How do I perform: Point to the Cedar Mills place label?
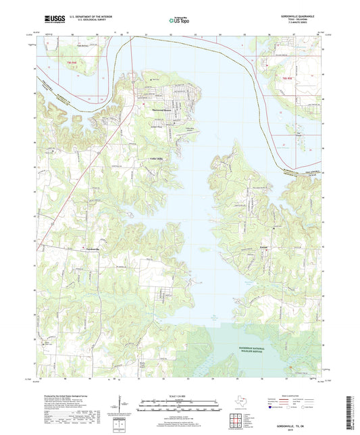[x=147, y=159]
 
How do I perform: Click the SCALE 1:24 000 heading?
[x=178, y=396]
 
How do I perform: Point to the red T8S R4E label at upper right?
[x=287, y=78]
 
